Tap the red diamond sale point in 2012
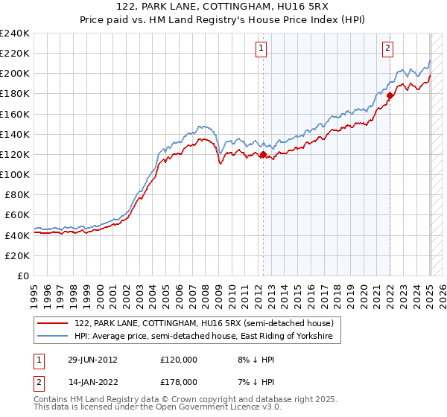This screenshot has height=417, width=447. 263,155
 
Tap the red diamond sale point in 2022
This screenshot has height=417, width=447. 390,95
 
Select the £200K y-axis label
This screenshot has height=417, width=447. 15,73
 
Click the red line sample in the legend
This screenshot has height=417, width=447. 52,324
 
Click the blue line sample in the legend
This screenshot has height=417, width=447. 52,337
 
